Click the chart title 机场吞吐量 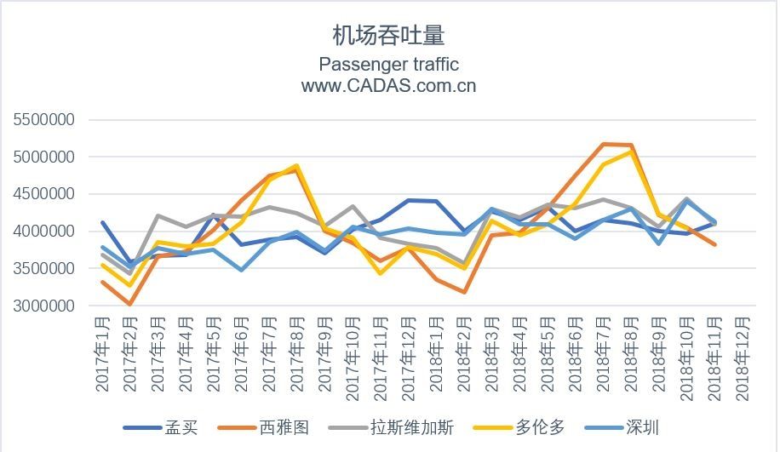click(388, 35)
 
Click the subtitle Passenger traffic click(388, 65)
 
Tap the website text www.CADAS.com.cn click(388, 86)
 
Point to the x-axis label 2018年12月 click(742, 354)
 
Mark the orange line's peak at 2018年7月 click(603, 144)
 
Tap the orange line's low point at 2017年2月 click(130, 304)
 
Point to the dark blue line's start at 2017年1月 click(103, 223)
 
